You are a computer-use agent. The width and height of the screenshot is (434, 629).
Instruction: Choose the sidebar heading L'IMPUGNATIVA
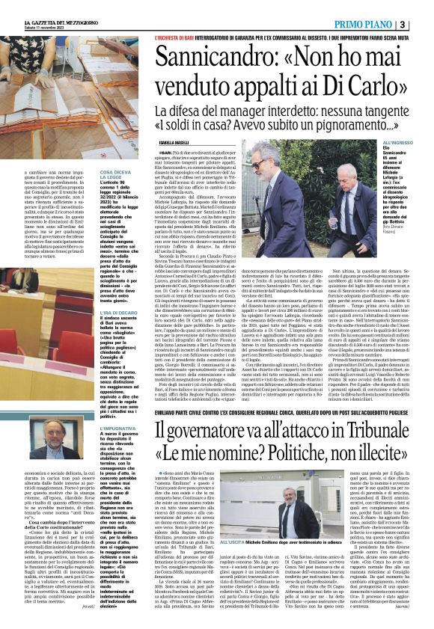pyautogui.click(x=111, y=428)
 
